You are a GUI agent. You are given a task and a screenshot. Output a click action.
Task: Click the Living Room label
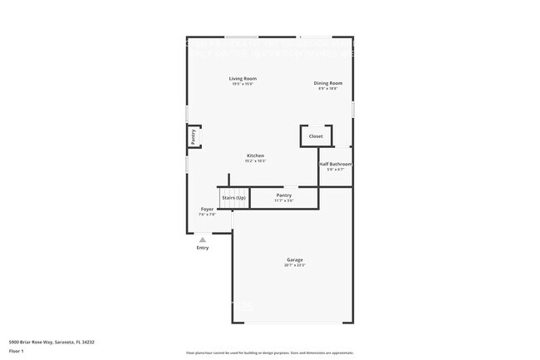(x=243, y=79)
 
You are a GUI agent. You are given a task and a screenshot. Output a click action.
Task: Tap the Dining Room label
(x=328, y=83)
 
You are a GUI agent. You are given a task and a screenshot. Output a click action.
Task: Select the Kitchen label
(x=255, y=155)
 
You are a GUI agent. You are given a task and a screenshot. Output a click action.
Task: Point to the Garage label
(x=295, y=260)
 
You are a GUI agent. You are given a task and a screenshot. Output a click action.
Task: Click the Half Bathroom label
(x=336, y=164)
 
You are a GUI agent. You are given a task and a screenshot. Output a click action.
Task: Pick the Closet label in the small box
(x=316, y=136)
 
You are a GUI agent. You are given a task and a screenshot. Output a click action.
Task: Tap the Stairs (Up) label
(x=234, y=197)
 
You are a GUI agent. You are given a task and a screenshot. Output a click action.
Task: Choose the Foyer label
(x=207, y=209)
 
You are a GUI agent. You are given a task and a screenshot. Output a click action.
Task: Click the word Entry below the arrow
(x=203, y=248)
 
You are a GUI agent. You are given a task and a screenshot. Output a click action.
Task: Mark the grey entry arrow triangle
(x=203, y=239)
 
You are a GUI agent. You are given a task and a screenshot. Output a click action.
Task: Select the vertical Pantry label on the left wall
(x=194, y=136)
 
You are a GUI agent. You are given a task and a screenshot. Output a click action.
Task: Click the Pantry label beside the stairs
(x=284, y=195)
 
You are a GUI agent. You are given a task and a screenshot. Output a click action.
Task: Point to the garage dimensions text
(x=295, y=265)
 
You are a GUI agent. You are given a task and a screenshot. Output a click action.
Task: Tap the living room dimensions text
(x=243, y=84)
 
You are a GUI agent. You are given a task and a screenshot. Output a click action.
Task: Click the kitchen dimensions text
(x=255, y=160)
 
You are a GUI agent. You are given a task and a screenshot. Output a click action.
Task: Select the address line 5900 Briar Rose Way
(x=52, y=342)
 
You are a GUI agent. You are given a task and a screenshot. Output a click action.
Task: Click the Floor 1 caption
(x=17, y=351)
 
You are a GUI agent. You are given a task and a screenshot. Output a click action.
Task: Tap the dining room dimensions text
(x=328, y=88)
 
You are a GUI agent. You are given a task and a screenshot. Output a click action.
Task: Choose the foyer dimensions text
(x=207, y=215)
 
